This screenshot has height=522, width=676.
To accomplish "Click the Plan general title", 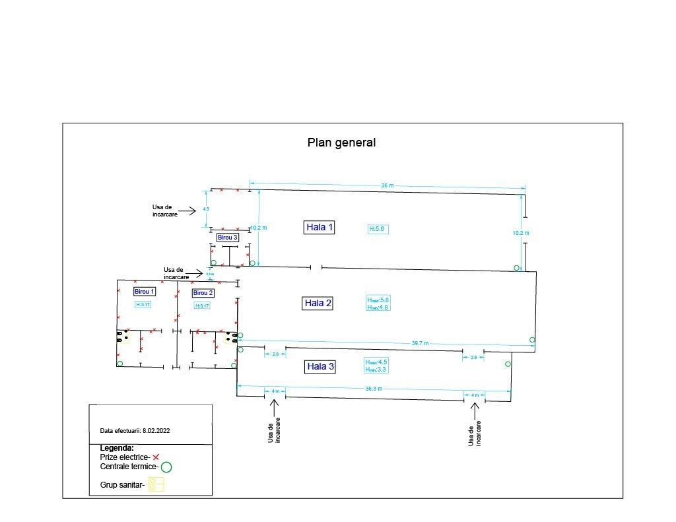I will (341, 143).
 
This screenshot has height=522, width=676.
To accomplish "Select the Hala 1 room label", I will (320, 228).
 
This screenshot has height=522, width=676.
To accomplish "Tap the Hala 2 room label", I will (318, 304).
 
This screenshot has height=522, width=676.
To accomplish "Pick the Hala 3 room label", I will (320, 367).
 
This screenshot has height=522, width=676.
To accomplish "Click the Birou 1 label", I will (145, 292).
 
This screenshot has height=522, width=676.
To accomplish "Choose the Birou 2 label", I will (203, 293).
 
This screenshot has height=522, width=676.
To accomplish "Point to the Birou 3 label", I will (227, 237).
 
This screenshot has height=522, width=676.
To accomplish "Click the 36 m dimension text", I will (387, 186).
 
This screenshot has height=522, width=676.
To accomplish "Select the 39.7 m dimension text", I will (420, 343).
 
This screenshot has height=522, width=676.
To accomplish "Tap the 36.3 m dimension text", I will (374, 389).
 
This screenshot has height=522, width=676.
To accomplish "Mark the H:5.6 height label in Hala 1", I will (377, 229).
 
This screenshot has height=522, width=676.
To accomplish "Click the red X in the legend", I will (156, 457).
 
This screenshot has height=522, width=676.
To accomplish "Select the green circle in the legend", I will (166, 467).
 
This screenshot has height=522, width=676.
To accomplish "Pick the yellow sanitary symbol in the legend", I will (156, 484).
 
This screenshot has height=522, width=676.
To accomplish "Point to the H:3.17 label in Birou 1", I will (143, 305).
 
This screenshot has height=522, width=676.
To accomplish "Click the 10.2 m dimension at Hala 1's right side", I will (521, 233).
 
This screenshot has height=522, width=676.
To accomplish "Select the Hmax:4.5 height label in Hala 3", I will (376, 362).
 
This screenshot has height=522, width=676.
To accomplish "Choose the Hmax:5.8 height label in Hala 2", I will (378, 300).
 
